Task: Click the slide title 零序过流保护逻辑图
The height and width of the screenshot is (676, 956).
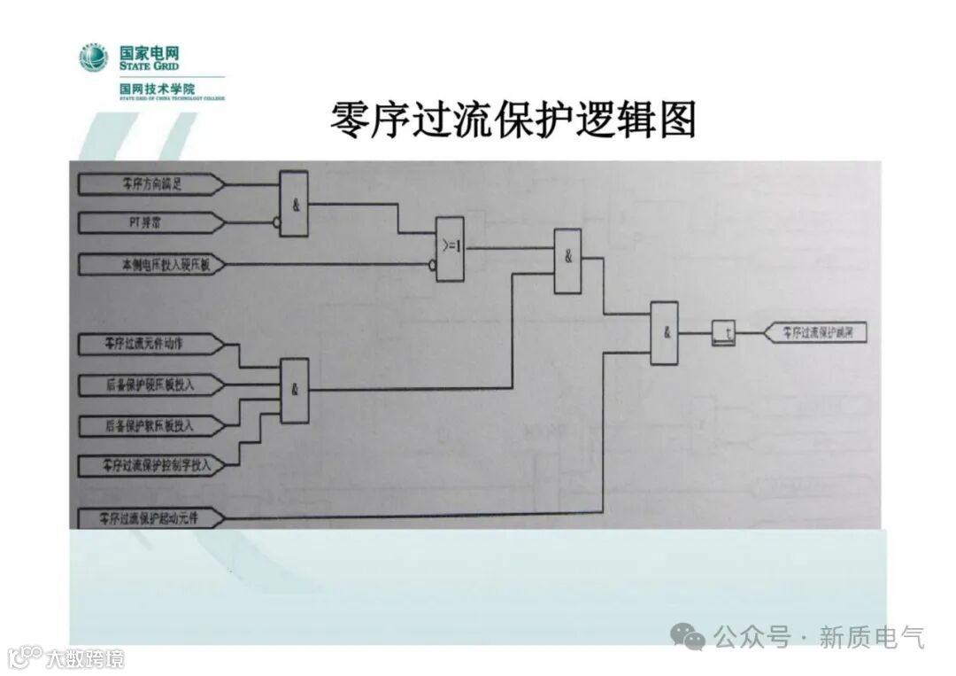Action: pos(513,120)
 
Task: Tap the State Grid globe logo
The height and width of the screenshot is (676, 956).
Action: pos(93,58)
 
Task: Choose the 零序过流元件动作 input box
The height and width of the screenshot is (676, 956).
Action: pos(149,343)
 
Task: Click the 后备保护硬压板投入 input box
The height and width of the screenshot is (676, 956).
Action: pos(149,385)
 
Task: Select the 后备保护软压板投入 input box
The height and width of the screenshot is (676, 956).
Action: pos(149,425)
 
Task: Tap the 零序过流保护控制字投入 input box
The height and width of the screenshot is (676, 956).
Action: pos(149,464)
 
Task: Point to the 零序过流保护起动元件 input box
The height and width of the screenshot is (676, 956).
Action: pos(149,517)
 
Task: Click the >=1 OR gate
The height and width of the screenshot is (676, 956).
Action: pos(450,247)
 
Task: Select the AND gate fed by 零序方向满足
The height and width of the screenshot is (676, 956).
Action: pos(294,204)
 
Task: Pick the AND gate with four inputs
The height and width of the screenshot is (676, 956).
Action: pos(295,390)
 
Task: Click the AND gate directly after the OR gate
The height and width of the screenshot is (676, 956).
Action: pos(567,260)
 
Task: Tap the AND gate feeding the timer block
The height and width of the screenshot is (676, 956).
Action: pos(664,333)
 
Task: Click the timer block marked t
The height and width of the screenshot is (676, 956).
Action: pos(724,334)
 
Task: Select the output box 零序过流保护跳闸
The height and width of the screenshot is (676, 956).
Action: pos(817,334)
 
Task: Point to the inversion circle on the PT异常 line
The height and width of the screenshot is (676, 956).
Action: pos(276,224)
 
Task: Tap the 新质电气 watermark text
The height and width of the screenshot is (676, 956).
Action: pos(871,636)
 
